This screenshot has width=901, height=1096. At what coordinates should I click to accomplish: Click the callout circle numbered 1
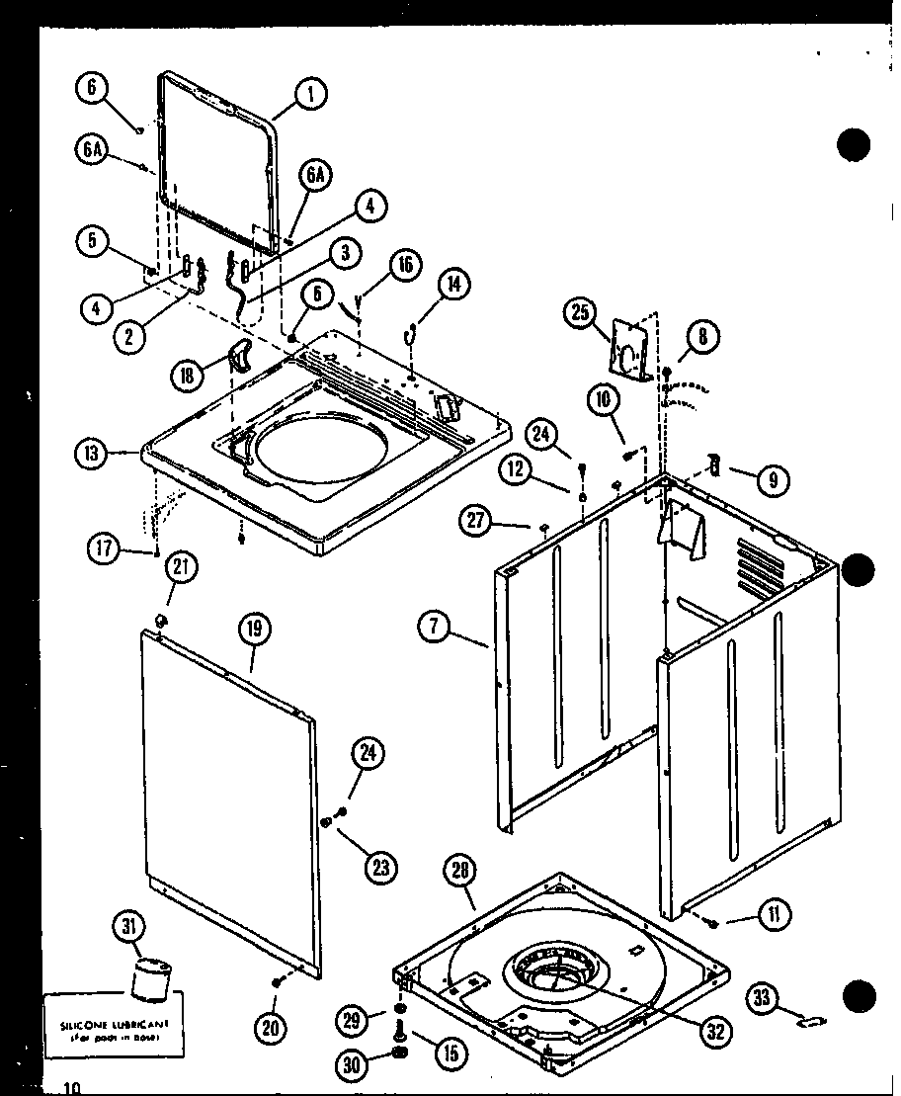[310, 95]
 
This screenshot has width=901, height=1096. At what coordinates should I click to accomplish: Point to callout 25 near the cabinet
[580, 314]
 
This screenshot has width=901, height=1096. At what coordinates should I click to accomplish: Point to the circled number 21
[181, 567]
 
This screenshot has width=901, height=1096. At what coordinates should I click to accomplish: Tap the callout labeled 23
[380, 867]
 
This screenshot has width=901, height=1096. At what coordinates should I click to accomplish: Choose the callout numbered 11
[773, 916]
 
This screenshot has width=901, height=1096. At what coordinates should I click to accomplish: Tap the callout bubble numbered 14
[452, 285]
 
